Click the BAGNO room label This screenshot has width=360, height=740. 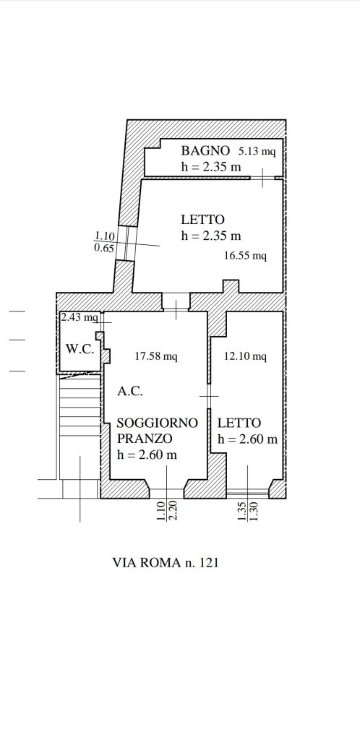205,150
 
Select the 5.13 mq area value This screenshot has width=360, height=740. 257,152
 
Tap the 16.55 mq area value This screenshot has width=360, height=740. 245,256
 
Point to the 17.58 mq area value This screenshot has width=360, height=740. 156,356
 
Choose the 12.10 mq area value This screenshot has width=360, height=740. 245,356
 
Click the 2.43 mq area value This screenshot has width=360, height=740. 80,317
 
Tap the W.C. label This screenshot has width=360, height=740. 80,349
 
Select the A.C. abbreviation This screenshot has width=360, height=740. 129,391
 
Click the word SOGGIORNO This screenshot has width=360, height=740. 157,423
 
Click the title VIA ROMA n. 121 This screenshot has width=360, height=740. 166,562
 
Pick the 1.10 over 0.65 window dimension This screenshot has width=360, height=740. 104,241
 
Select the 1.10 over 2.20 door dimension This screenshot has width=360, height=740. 166,511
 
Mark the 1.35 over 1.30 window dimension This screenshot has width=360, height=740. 248,511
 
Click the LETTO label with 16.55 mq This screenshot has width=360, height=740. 203,220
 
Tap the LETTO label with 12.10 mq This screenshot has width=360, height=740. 239,423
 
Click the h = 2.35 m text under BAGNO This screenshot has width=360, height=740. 211,167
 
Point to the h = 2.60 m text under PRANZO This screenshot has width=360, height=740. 147,455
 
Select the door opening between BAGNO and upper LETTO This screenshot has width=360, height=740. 262,178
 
